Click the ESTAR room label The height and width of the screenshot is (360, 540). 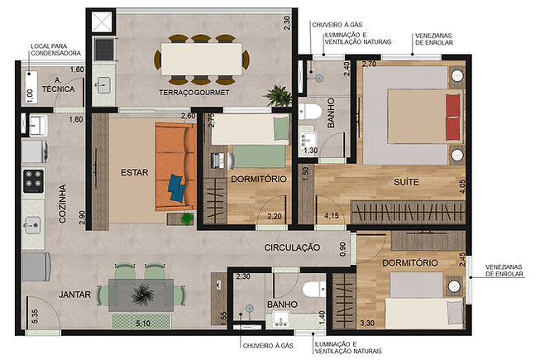(x=134, y=173)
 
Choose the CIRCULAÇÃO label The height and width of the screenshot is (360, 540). (x=292, y=247)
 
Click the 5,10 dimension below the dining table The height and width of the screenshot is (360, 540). (x=142, y=322)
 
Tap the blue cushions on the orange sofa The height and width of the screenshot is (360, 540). (x=177, y=186)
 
